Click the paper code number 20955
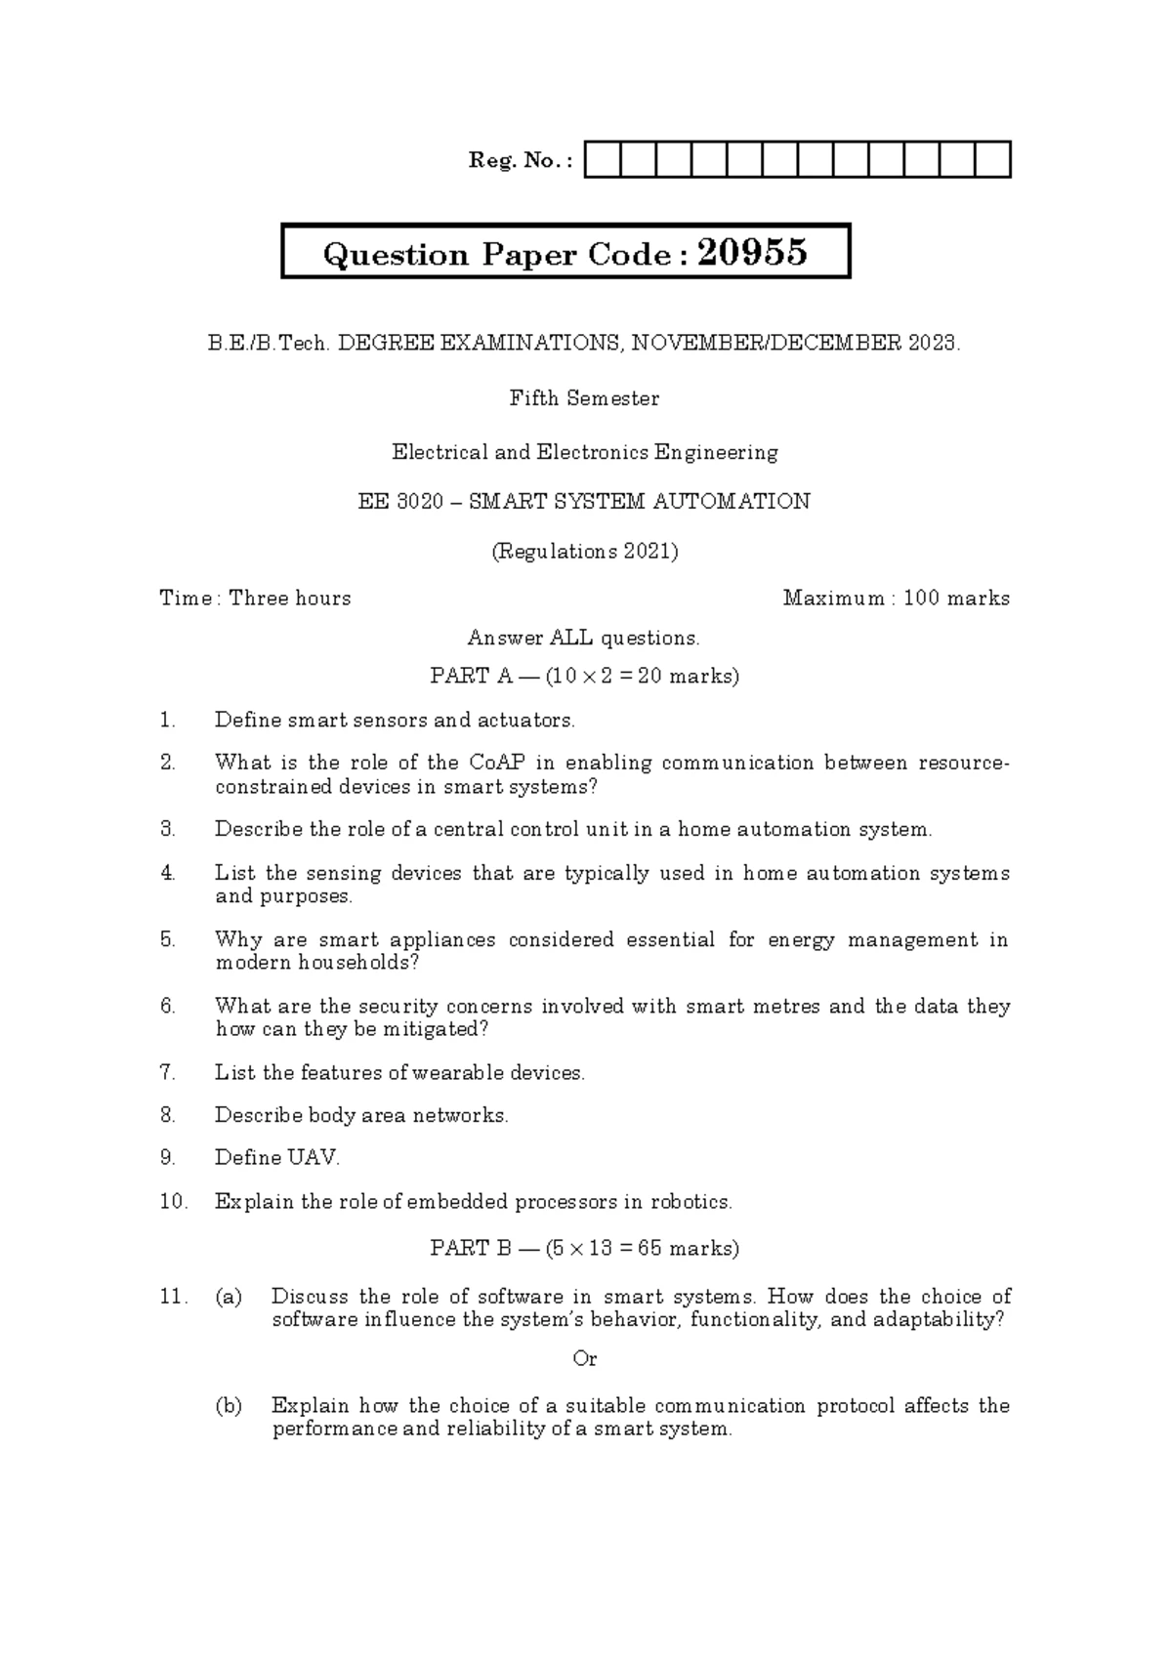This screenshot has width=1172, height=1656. (x=753, y=253)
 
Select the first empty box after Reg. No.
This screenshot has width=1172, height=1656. (x=603, y=160)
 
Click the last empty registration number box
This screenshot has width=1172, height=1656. (x=992, y=160)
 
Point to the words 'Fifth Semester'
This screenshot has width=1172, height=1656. (x=584, y=398)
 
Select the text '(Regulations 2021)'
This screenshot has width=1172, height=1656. (x=584, y=552)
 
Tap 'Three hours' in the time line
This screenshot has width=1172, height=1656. (x=289, y=599)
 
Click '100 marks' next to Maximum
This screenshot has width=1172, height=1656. (x=956, y=599)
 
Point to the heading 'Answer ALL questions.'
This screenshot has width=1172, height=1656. (x=584, y=639)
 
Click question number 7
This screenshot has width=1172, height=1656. (x=167, y=1073)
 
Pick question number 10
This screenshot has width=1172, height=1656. (x=173, y=1202)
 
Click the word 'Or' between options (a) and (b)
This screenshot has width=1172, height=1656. (x=584, y=1359)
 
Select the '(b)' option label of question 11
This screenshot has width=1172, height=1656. (x=229, y=1406)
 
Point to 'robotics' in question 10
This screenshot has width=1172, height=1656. (x=691, y=1202)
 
